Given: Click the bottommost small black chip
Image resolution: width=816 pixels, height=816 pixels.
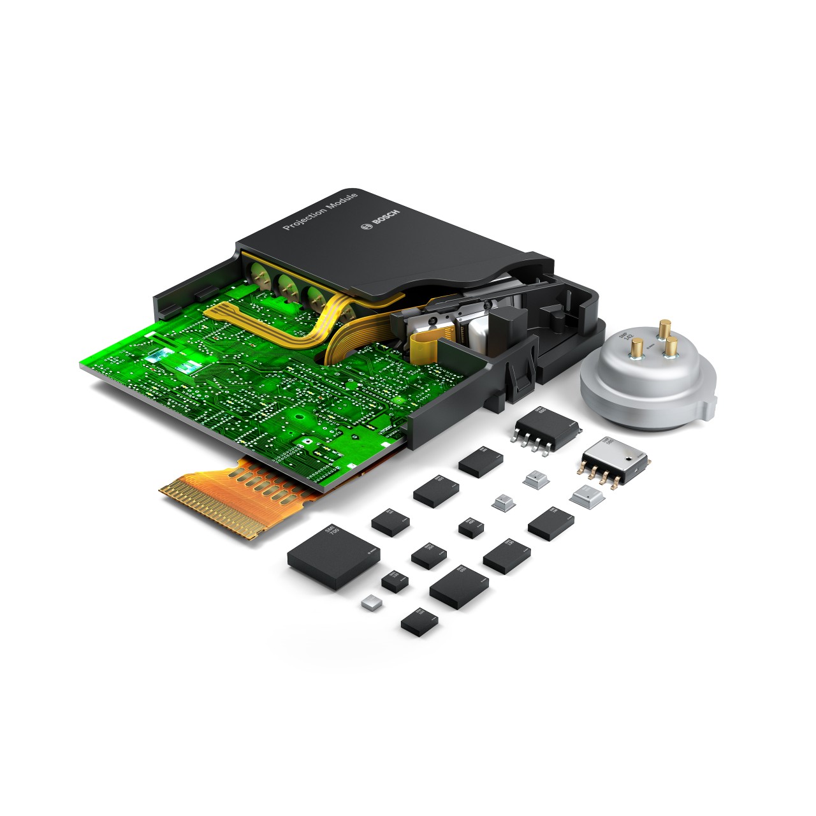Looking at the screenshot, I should (x=419, y=619).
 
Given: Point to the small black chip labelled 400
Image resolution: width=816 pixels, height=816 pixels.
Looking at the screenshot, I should (x=470, y=526).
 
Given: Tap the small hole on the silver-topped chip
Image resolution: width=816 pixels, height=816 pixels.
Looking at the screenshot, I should (x=628, y=456).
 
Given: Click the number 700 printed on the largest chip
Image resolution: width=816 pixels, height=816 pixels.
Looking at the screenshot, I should (x=329, y=534).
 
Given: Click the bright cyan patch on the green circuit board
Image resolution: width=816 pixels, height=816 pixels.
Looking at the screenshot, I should (x=189, y=367).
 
